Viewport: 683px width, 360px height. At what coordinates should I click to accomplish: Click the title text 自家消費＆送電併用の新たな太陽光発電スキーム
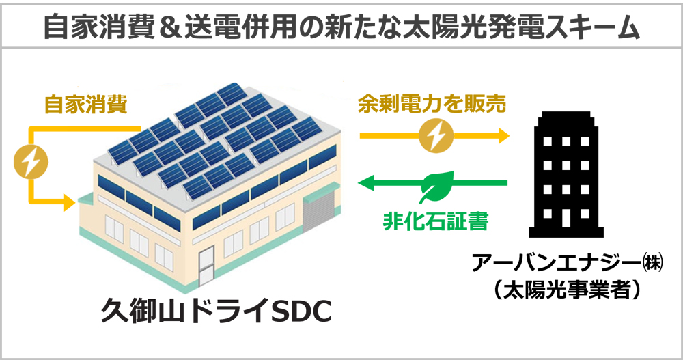342,27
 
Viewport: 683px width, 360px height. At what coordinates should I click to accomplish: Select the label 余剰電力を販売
432,105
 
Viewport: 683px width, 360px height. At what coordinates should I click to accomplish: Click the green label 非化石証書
436,221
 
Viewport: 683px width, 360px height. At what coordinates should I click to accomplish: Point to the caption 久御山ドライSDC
217,310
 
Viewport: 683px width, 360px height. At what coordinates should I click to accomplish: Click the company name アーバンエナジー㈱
568,262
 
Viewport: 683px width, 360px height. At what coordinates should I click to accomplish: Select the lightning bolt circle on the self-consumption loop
31,162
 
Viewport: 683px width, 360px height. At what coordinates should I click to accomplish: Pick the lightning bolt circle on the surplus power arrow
436,136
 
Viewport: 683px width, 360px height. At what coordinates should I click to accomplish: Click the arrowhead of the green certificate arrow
366,182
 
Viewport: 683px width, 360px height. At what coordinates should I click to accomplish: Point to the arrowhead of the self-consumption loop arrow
69,202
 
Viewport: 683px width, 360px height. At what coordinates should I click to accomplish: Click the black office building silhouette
566,174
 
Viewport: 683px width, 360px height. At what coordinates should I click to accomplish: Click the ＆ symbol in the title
168,27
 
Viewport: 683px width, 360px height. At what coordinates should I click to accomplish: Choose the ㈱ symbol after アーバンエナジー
653,263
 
